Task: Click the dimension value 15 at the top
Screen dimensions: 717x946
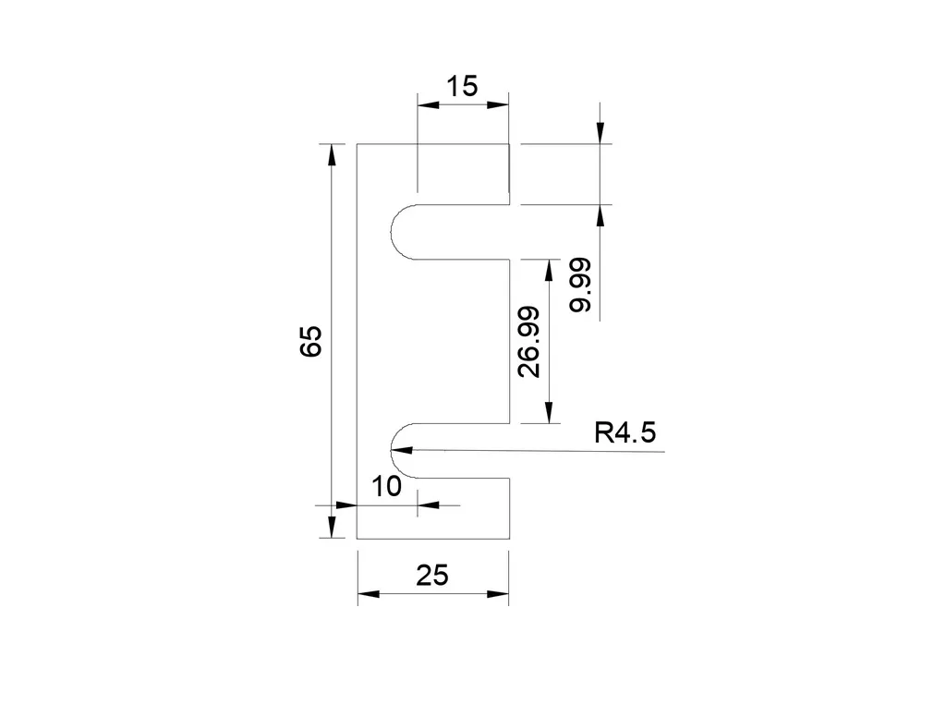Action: click(462, 87)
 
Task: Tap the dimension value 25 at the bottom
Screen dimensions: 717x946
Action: click(431, 576)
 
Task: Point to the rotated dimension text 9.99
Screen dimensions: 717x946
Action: click(581, 286)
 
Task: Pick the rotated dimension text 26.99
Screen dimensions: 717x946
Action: click(528, 342)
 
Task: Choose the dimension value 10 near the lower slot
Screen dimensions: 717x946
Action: click(386, 487)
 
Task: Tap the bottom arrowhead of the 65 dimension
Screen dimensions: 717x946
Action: click(329, 528)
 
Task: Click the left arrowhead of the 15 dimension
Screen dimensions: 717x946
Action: click(427, 105)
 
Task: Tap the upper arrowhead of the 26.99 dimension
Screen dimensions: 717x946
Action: click(550, 270)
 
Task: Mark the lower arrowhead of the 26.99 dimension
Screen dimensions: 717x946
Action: click(550, 414)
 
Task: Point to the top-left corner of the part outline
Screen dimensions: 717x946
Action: click(358, 144)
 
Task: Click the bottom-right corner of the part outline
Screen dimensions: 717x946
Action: click(509, 539)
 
